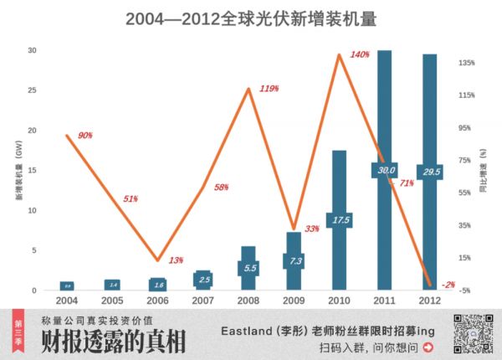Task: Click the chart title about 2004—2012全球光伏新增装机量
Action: point(251,18)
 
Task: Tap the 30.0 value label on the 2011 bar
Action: point(384,170)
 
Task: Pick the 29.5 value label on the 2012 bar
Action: point(430,171)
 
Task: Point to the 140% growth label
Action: point(360,55)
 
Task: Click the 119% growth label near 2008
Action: point(269,88)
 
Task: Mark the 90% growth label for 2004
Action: point(85,136)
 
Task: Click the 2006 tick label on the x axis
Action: point(158,299)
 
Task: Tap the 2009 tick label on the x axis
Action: point(294,299)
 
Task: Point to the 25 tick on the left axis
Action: point(33,90)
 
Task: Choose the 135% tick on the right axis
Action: point(466,64)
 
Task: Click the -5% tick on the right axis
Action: point(466,291)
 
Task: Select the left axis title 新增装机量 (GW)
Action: point(17,172)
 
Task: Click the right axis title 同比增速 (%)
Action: point(484,172)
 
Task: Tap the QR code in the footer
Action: point(471,332)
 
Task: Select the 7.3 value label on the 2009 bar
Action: point(294,260)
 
